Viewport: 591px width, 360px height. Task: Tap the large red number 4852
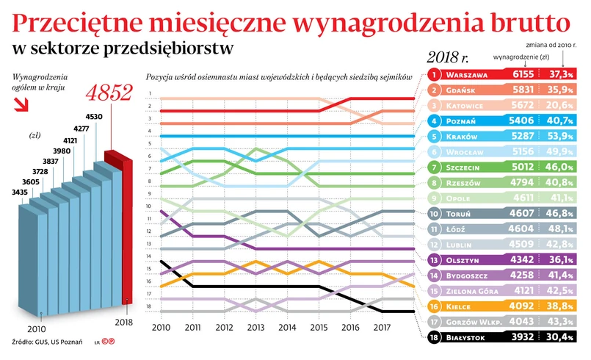coord(109,93)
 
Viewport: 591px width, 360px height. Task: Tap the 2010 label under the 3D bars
coord(37,328)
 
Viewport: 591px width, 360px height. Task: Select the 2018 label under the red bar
coord(129,322)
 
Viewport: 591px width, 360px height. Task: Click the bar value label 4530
coord(94,116)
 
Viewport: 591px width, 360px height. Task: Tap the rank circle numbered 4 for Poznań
coord(434,120)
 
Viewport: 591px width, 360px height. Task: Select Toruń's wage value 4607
coord(522,213)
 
